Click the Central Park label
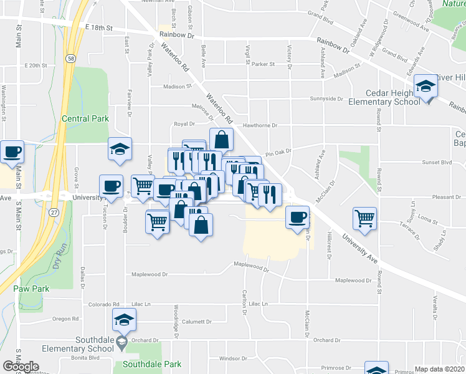click(x=85, y=118)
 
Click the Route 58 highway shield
click(x=73, y=58)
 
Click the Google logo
click(x=21, y=367)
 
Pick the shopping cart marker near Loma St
click(x=364, y=219)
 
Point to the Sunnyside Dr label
click(x=327, y=98)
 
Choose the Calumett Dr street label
click(x=197, y=322)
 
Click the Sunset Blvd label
click(x=437, y=162)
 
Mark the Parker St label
click(x=263, y=64)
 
